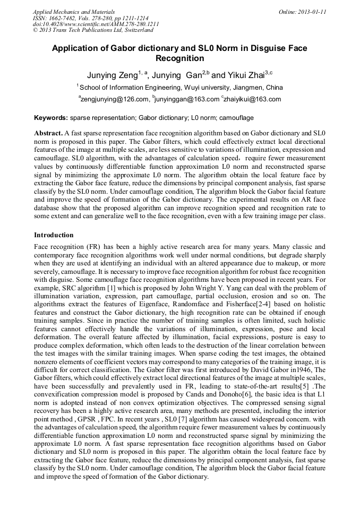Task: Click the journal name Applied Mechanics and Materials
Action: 74,11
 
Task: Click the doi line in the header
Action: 96,24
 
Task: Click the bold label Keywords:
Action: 51,117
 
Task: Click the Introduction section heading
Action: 54,235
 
